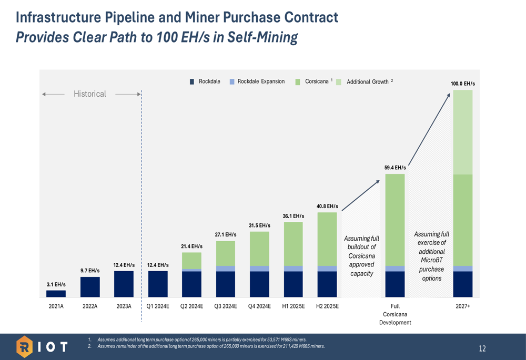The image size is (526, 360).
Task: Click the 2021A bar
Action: (56, 294)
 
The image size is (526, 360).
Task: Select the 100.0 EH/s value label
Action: (462, 84)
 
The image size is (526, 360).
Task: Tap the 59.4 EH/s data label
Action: (395, 168)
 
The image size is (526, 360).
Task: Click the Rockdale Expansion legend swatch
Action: (232, 82)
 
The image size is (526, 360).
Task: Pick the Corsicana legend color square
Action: (298, 82)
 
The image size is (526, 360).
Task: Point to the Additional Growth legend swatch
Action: (339, 82)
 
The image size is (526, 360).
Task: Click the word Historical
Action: (90, 94)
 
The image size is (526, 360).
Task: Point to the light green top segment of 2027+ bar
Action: (463, 132)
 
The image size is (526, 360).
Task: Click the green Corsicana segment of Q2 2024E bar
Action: (191, 261)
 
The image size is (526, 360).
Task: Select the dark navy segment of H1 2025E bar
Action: (293, 284)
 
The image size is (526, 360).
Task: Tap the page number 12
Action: (482, 349)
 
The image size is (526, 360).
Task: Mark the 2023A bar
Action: (124, 284)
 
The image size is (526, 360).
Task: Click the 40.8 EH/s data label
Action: (327, 206)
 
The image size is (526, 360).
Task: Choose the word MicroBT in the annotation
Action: (431, 261)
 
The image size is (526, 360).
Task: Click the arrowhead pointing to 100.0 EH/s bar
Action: (449, 95)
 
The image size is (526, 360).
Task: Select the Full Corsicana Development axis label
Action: (395, 314)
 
